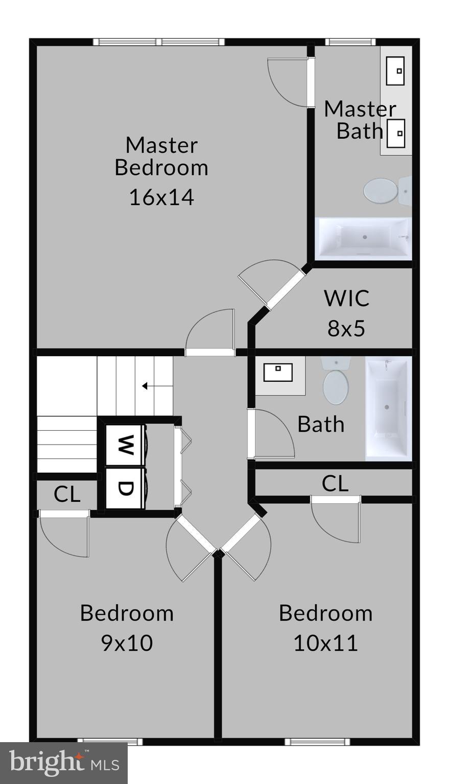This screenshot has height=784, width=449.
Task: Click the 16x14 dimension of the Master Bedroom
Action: point(161,198)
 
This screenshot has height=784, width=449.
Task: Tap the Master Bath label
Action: point(360,120)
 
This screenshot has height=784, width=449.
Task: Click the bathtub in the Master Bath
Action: point(364,238)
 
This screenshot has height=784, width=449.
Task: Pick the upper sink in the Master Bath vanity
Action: point(395,71)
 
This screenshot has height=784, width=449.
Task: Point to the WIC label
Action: point(346,298)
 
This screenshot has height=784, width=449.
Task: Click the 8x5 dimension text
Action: point(346,328)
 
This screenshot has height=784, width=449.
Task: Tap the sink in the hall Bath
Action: point(278,372)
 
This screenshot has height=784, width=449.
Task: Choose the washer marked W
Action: point(124,445)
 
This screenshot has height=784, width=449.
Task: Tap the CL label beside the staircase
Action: point(67,494)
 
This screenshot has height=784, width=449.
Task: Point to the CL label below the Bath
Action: point(335,483)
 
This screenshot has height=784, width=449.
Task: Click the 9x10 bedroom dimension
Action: point(127,643)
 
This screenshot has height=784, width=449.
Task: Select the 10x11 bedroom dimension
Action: point(325,643)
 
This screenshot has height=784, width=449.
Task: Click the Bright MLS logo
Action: point(64,763)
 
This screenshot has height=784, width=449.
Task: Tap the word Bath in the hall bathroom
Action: point(321,424)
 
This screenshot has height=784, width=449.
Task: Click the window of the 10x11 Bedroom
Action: point(310,742)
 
